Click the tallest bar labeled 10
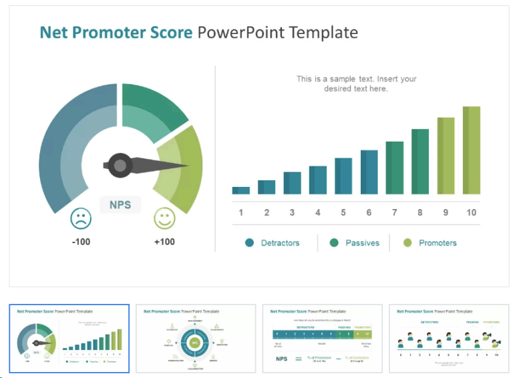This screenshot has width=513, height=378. tap(472, 150)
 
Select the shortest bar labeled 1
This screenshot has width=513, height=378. tap(240, 190)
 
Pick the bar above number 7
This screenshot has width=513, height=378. tap(395, 168)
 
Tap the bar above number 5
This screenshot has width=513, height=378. tap(343, 176)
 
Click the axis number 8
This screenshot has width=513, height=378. tap(420, 212)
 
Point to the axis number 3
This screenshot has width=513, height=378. tap(292, 212)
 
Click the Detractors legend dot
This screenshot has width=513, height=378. tap(250, 242)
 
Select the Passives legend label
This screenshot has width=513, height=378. tap(362, 242)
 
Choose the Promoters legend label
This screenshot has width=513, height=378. tap(438, 242)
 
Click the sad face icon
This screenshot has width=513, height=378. tap(81, 218)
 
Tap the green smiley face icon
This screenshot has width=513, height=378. tap(164, 218)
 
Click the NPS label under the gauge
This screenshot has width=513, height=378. tap(120, 204)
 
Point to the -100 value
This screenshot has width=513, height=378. tap(81, 241)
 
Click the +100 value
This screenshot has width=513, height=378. tap(164, 241)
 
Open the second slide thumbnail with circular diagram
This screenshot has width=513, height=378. tap(196, 339)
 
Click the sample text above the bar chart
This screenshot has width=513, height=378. tap(356, 83)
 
